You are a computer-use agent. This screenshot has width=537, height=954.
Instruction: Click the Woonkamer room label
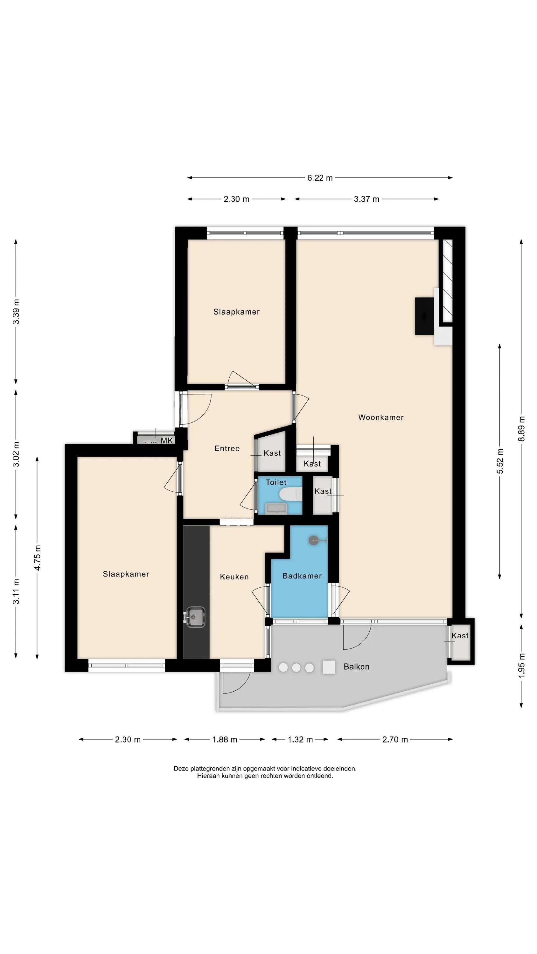coord(380,417)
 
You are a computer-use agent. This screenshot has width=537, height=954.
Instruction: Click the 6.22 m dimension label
coord(320,178)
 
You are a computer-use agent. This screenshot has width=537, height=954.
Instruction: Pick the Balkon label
coord(356,667)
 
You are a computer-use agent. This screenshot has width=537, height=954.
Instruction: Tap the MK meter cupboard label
coord(167,441)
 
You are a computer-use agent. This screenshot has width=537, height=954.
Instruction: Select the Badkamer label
coord(302,576)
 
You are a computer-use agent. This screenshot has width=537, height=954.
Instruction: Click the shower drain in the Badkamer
coord(313,541)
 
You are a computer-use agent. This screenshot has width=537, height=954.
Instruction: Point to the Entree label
coord(227,448)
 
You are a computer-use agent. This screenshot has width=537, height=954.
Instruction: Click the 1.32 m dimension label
coord(300,740)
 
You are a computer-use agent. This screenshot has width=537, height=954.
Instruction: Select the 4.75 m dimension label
coord(38,558)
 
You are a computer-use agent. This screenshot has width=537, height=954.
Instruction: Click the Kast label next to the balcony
coord(460,635)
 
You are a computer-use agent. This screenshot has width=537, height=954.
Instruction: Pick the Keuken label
coord(234,577)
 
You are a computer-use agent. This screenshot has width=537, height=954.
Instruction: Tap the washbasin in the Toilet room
coord(276,508)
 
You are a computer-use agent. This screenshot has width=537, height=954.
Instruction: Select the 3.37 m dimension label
coord(366,199)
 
